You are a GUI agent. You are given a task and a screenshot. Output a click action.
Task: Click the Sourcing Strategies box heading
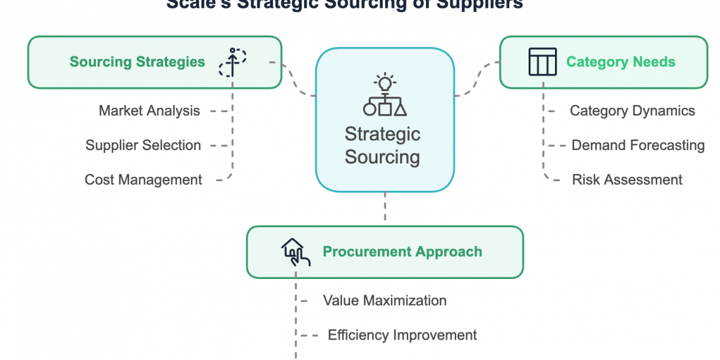[x=137, y=62]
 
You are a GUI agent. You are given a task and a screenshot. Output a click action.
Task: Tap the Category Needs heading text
[x=620, y=62]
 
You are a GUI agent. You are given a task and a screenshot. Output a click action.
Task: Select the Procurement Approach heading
[x=402, y=251]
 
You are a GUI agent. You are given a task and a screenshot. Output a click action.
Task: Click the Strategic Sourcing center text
[x=382, y=145]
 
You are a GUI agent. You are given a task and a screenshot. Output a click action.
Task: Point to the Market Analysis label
[x=149, y=110]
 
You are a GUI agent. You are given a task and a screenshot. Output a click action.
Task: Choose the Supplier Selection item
[x=143, y=145]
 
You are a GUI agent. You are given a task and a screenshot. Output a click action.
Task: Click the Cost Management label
[x=143, y=179]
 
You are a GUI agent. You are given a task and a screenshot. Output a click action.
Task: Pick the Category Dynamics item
[x=632, y=110]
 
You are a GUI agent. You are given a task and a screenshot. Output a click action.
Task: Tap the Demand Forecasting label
[x=638, y=145]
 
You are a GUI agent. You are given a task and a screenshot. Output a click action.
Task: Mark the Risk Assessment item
[x=627, y=179]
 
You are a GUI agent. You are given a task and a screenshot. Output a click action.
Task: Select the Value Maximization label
[x=385, y=300]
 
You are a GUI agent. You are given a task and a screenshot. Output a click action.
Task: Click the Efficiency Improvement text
[x=402, y=335]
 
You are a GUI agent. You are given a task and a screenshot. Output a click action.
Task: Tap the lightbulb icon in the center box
[x=385, y=82]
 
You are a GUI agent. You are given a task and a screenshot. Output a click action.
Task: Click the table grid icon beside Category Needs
[x=542, y=62]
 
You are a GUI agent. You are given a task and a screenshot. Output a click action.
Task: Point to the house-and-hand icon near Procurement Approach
[x=295, y=251]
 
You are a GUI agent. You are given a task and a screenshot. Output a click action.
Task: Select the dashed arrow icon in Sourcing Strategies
[x=232, y=62]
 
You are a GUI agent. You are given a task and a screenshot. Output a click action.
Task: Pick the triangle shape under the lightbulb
[x=400, y=109]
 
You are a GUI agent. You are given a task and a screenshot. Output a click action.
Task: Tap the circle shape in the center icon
[x=370, y=109]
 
